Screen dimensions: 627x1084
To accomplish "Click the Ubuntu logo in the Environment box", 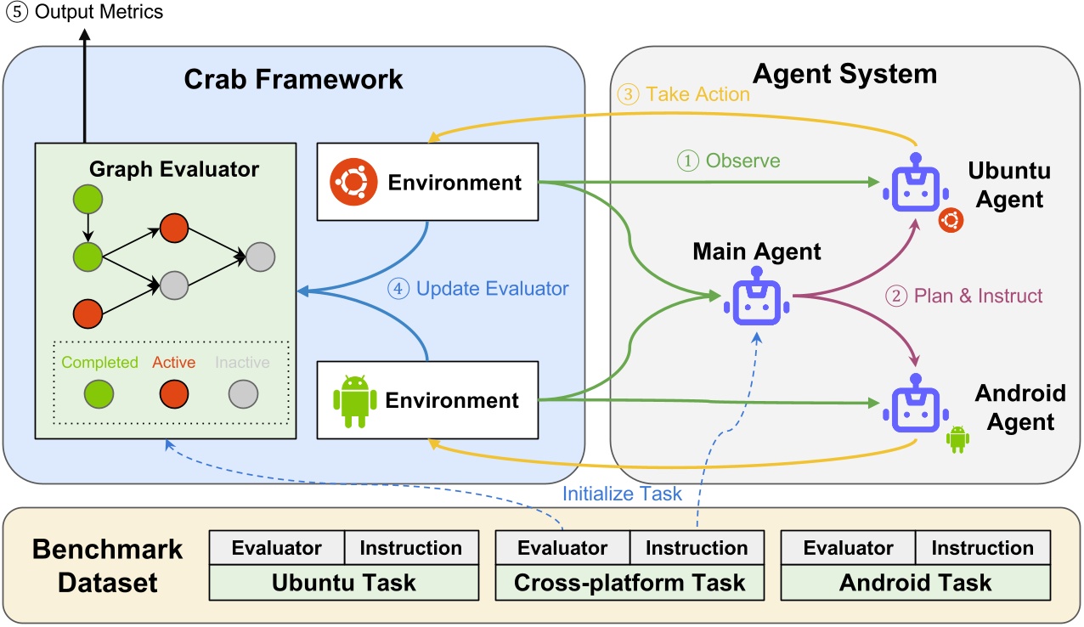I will (x=352, y=181).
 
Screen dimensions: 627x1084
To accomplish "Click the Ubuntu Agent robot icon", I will (x=915, y=184).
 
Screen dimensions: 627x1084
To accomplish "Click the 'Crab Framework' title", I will (x=293, y=79).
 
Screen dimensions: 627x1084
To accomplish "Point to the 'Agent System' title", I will (x=844, y=74).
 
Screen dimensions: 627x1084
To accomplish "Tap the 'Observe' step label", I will (x=728, y=160).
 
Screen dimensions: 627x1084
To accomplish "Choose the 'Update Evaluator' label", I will (x=478, y=289).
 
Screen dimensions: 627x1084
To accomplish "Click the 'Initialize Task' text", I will (x=622, y=494).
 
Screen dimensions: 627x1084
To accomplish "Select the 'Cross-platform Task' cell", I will (x=629, y=583).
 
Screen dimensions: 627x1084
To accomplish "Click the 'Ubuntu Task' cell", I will (x=343, y=583).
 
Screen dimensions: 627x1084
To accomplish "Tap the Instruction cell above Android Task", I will (x=982, y=548).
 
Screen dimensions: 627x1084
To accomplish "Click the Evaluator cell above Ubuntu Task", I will (x=276, y=548).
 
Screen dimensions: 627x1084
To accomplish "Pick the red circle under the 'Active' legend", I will (x=174, y=394).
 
